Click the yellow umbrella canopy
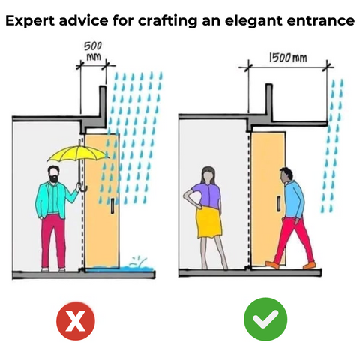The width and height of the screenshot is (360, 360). pyautogui.click(x=78, y=153)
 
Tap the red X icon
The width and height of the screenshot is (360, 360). pyautogui.click(x=76, y=320)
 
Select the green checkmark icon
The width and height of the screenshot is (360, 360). pyautogui.click(x=265, y=319)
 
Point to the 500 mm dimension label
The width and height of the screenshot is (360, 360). pyautogui.click(x=93, y=51)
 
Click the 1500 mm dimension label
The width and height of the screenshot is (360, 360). pyautogui.click(x=288, y=58)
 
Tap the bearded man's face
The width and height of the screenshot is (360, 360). pyautogui.click(x=54, y=175)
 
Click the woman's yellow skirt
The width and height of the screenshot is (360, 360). pyautogui.click(x=209, y=223)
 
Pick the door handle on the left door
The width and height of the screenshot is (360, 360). pyautogui.click(x=112, y=205)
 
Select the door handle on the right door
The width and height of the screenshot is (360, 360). pyautogui.click(x=279, y=203)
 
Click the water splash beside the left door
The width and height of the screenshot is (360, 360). pyautogui.click(x=136, y=265)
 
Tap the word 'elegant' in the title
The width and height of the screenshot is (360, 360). pyautogui.click(x=253, y=21)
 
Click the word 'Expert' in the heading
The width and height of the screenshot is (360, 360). pyautogui.click(x=30, y=21)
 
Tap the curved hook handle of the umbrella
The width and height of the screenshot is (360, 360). pyautogui.click(x=82, y=188)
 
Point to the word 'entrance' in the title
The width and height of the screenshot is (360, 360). pyautogui.click(x=320, y=21)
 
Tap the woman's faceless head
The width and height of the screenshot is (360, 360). pyautogui.click(x=208, y=175)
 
